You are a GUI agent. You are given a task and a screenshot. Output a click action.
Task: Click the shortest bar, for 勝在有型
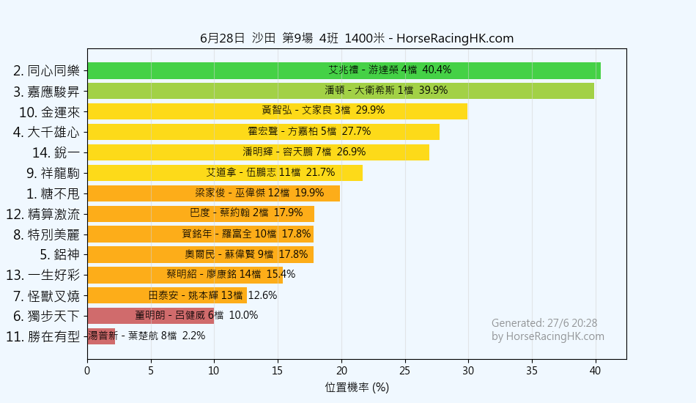pyautogui.click(x=101, y=336)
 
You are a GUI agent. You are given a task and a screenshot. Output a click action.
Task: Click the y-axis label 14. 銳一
pyautogui.click(x=56, y=152)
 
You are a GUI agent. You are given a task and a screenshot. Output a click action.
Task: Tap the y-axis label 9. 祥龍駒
pyautogui.click(x=53, y=173)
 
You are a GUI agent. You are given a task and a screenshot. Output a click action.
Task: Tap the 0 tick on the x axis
pyautogui.click(x=87, y=370)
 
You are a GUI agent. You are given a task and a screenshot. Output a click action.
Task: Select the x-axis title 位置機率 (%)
pyautogui.click(x=356, y=387)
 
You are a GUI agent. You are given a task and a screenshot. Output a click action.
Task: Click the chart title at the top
pyautogui.click(x=356, y=38)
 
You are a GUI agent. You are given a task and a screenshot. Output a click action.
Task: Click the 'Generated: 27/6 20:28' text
pyautogui.click(x=544, y=323)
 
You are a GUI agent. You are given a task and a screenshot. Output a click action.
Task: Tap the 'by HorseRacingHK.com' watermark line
pyautogui.click(x=548, y=336)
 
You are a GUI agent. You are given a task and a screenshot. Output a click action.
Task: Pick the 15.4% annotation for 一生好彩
pyautogui.click(x=281, y=275)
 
